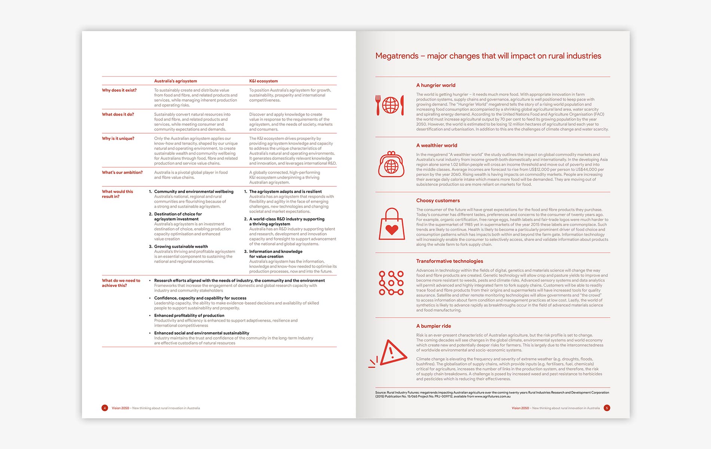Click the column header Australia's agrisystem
click(176, 81)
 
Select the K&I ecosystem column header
click(263, 81)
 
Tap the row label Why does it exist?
click(119, 90)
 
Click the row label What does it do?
click(118, 114)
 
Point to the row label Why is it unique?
click(118, 138)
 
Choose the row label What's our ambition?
click(122, 172)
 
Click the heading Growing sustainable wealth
click(181, 247)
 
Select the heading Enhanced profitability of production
click(189, 315)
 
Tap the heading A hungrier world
click(436, 85)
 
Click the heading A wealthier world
click(437, 146)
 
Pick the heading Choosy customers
click(438, 201)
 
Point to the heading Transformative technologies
click(449, 261)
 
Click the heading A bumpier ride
click(433, 326)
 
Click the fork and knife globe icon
click(390, 105)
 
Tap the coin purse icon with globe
click(391, 165)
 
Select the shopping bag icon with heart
click(391, 224)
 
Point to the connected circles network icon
click(391, 283)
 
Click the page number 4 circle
click(105, 408)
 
